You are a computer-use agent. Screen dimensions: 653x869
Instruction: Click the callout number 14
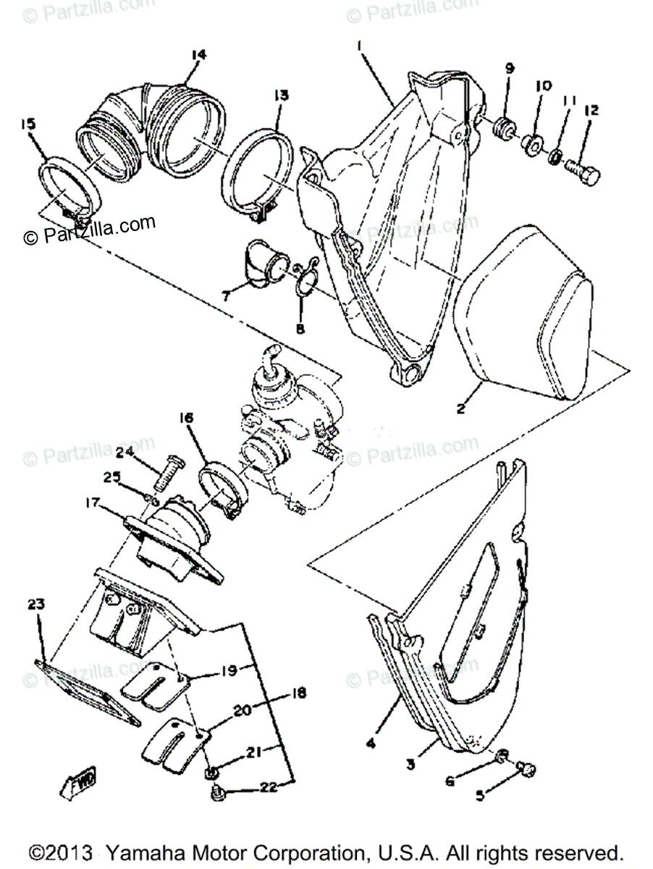[198, 54]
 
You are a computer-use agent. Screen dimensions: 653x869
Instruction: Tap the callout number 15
[28, 125]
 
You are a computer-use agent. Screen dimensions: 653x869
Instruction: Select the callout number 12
[592, 110]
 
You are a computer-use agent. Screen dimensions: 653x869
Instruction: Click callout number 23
[36, 603]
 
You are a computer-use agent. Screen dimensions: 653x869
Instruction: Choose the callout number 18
[298, 693]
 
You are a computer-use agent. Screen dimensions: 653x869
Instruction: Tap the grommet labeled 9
[501, 131]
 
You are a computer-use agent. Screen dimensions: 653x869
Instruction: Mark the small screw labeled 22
[216, 794]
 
